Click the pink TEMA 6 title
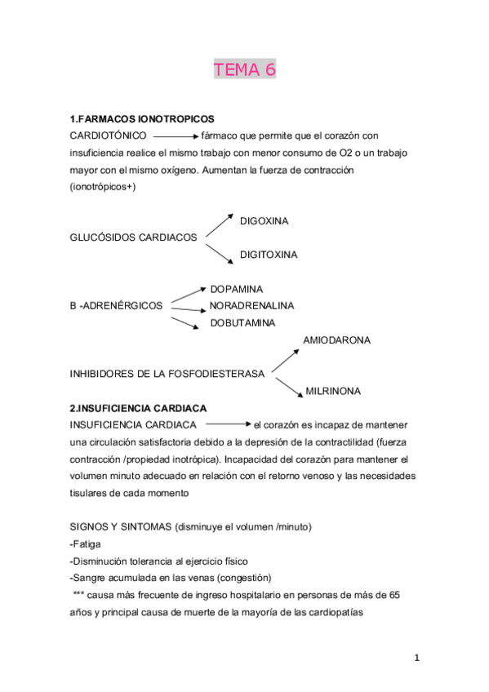click(245, 70)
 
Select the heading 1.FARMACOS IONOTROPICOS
click(144, 118)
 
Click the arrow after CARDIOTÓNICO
click(176, 136)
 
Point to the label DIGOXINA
click(264, 221)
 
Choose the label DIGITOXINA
click(269, 255)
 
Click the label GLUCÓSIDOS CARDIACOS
click(135, 237)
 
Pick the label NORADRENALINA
click(252, 305)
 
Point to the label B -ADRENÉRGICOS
click(117, 305)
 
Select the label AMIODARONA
click(337, 339)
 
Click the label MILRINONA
click(333, 391)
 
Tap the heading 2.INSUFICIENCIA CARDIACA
click(139, 408)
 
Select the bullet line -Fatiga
click(91, 545)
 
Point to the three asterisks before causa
click(78, 595)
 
